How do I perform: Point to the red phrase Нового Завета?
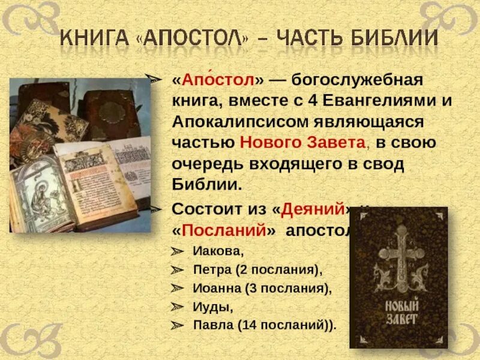(302, 142)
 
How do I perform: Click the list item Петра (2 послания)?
(257, 269)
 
